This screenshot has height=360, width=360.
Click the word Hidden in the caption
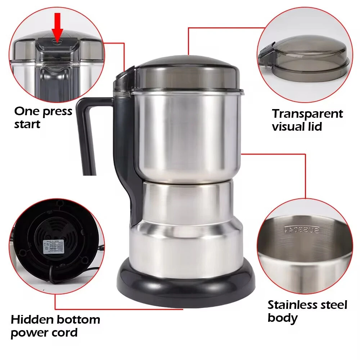click(32, 319)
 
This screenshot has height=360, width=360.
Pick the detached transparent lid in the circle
click(304, 59)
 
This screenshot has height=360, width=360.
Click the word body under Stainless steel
click(283, 318)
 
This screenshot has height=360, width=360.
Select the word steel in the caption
click(333, 305)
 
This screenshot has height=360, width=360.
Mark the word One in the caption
click(26, 111)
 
